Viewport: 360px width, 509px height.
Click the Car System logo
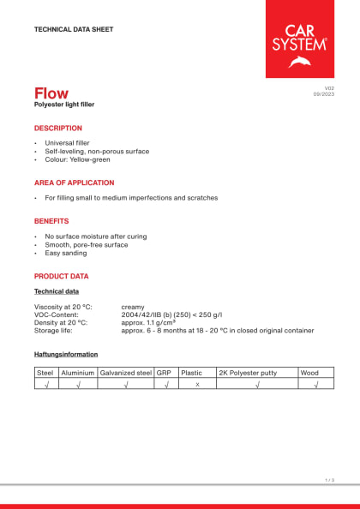click(x=300, y=39)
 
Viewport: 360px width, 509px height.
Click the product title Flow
click(x=51, y=93)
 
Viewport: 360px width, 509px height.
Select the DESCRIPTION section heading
click(x=57, y=128)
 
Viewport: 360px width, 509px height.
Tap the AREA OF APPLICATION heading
click(x=74, y=183)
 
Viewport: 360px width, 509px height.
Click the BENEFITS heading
click(x=51, y=221)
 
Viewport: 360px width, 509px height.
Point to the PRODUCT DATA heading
click(x=61, y=276)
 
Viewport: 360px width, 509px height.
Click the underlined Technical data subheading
click(x=57, y=291)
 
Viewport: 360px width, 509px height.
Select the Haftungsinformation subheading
click(x=66, y=354)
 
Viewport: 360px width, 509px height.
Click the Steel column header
click(x=45, y=373)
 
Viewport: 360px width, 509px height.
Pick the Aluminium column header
click(x=77, y=373)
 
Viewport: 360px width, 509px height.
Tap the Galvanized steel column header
click(x=125, y=373)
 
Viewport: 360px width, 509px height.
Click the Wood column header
click(x=309, y=373)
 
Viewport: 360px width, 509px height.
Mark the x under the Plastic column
click(x=196, y=385)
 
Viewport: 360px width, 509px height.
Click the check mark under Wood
click(x=316, y=385)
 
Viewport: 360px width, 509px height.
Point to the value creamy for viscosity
click(x=133, y=306)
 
